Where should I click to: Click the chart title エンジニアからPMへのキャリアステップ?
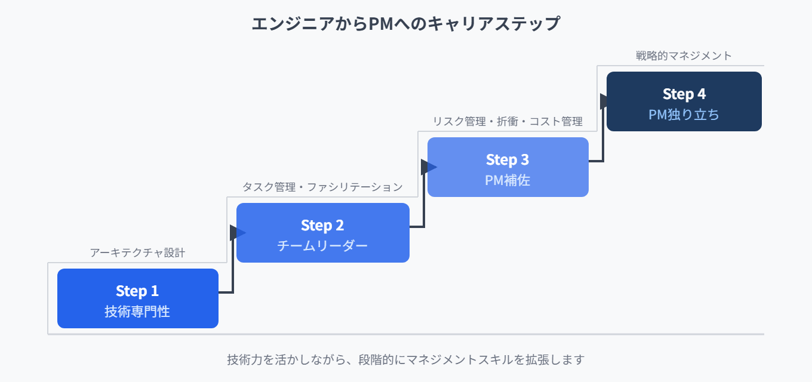(406, 24)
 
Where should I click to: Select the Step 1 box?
(138, 298)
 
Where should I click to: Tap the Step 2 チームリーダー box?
(323, 233)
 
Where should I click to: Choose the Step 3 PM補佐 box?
(508, 167)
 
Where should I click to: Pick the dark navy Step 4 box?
(684, 101)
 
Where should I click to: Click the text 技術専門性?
(137, 311)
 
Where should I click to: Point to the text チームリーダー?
(322, 245)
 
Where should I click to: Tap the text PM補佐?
(507, 180)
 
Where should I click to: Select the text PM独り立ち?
(684, 114)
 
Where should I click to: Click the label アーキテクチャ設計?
(138, 252)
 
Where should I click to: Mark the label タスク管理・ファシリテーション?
(322, 187)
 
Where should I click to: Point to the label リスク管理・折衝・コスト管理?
(507, 121)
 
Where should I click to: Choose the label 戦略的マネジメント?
(684, 56)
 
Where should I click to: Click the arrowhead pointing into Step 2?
(236, 232)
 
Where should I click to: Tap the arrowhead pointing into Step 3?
(427, 167)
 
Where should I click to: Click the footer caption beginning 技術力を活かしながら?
(406, 359)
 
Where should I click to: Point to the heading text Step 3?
(507, 159)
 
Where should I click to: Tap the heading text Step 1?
(137, 291)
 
